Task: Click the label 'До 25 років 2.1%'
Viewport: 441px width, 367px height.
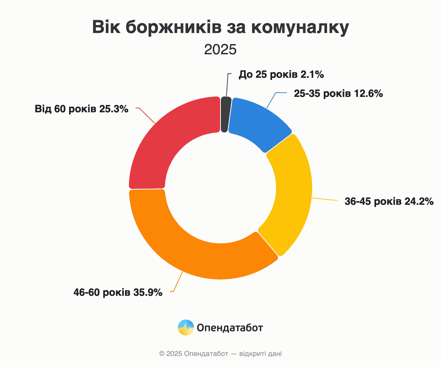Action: click(x=281, y=75)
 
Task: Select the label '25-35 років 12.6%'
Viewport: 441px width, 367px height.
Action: click(x=338, y=94)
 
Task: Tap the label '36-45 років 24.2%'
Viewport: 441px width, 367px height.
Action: click(x=389, y=201)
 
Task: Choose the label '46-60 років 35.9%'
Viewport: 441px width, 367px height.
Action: click(x=118, y=292)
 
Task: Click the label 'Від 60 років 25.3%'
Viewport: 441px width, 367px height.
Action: click(x=81, y=109)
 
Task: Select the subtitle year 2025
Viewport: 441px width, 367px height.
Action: click(x=220, y=50)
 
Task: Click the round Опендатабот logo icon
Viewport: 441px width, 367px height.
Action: click(x=186, y=327)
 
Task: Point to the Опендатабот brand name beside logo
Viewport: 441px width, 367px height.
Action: click(x=230, y=327)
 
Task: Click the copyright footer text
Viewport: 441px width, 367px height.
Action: click(x=220, y=354)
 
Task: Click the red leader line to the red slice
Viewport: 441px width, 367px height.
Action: click(x=147, y=115)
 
